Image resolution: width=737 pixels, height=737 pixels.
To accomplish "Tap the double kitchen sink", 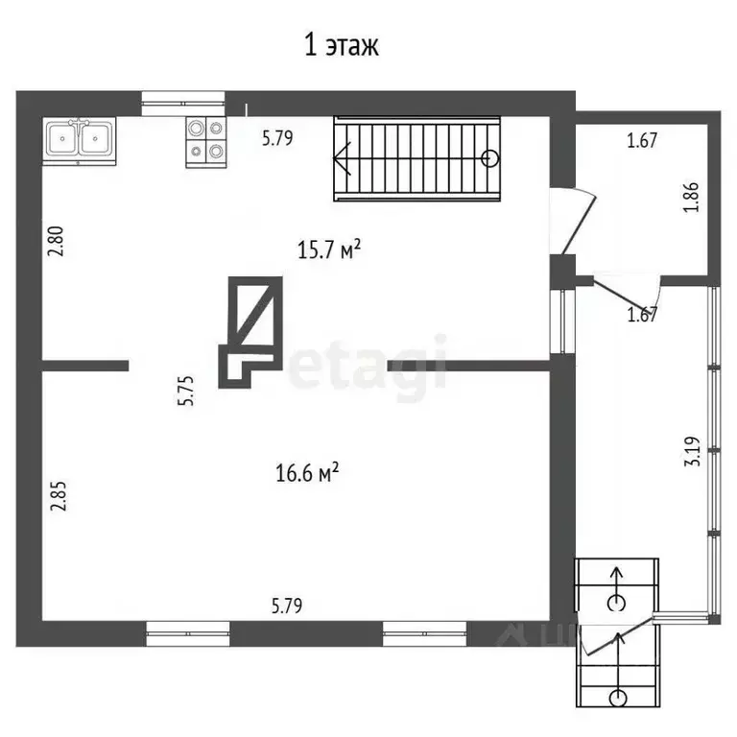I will (79, 140).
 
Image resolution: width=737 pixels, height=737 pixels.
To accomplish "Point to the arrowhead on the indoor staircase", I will (344, 159).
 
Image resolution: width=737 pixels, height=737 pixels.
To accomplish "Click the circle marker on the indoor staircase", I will (490, 159).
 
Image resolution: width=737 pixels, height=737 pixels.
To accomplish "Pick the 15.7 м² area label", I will (329, 250).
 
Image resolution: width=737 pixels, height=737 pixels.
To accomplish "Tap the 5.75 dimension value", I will (187, 391).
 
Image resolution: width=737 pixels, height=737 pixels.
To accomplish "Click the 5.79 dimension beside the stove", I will (277, 138).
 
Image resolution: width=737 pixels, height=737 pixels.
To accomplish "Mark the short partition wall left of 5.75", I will (84, 365).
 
